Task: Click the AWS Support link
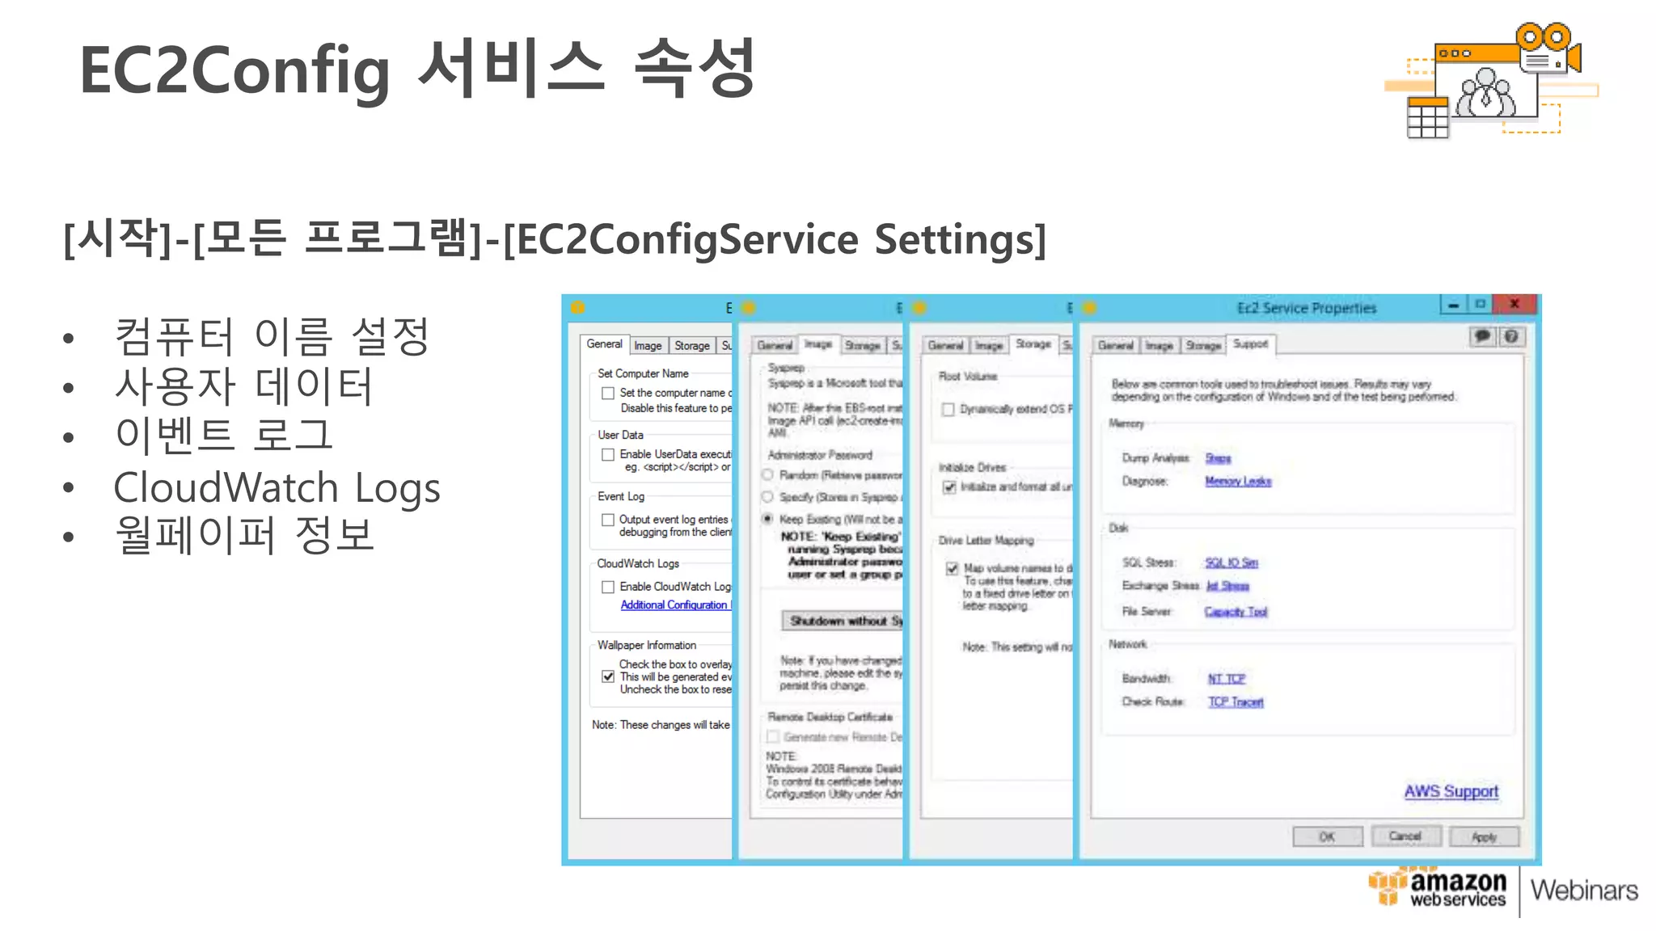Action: pos(1451,791)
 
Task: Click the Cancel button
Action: pos(1405,836)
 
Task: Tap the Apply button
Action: pos(1484,837)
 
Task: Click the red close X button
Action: pos(1514,305)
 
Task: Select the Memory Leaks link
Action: pos(1238,482)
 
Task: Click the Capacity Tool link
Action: pos(1236,612)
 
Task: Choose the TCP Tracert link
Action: pos(1236,702)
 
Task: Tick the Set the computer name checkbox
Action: pos(608,394)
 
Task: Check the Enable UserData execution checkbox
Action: pos(608,455)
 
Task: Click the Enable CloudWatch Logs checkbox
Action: pos(608,588)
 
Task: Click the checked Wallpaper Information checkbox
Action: pos(608,677)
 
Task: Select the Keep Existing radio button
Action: pos(768,519)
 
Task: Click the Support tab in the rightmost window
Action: pos(1250,344)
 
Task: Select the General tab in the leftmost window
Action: pos(604,344)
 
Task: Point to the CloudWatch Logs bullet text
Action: pos(277,487)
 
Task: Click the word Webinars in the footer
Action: pos(1583,891)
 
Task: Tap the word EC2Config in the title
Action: pos(234,70)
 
